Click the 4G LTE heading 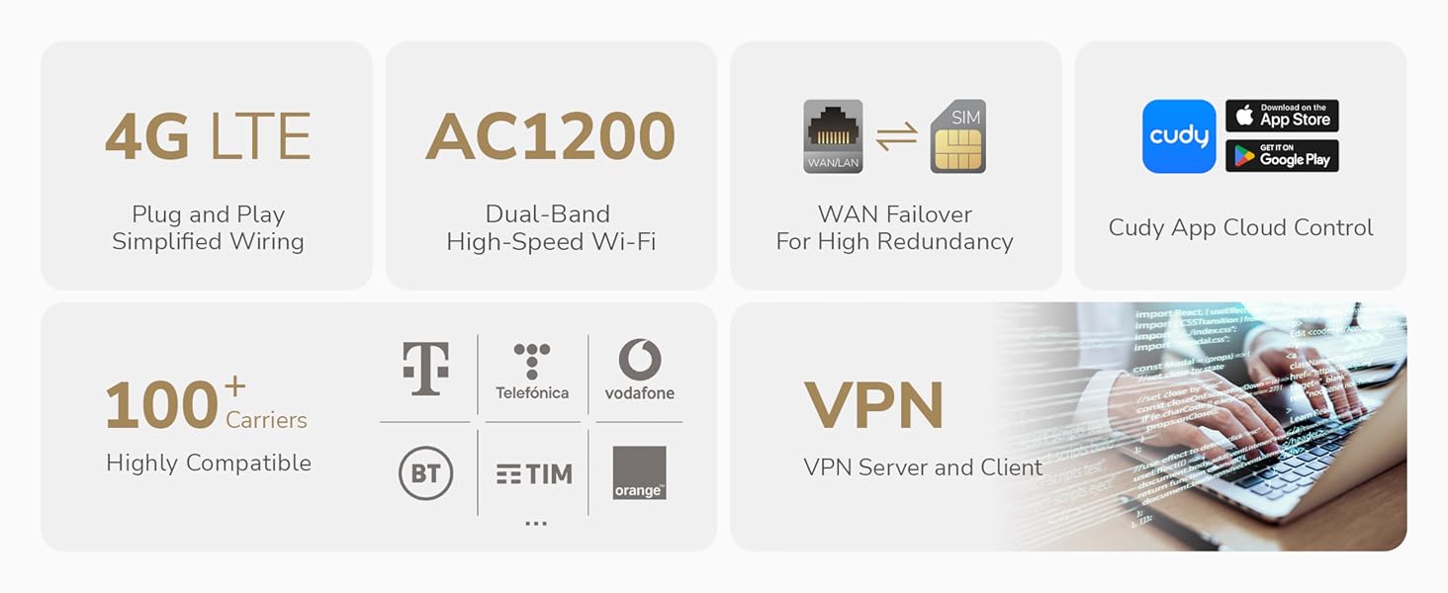pos(208,136)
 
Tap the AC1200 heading pos(551,136)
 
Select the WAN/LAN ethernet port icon pos(833,136)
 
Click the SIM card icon pos(957,136)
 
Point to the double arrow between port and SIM pos(896,136)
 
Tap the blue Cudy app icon pos(1179,136)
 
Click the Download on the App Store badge pos(1282,116)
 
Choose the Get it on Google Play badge pos(1282,156)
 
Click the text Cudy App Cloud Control pos(1240,227)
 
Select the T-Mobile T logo pos(425,369)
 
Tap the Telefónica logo pos(532,372)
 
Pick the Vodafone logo pos(640,370)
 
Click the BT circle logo pos(425,474)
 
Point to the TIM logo pos(534,474)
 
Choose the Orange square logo pos(639,472)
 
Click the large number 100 pos(161,405)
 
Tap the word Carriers pos(266,420)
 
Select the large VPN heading pos(873,405)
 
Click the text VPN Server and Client pos(923,467)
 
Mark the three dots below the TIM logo pos(536,523)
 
